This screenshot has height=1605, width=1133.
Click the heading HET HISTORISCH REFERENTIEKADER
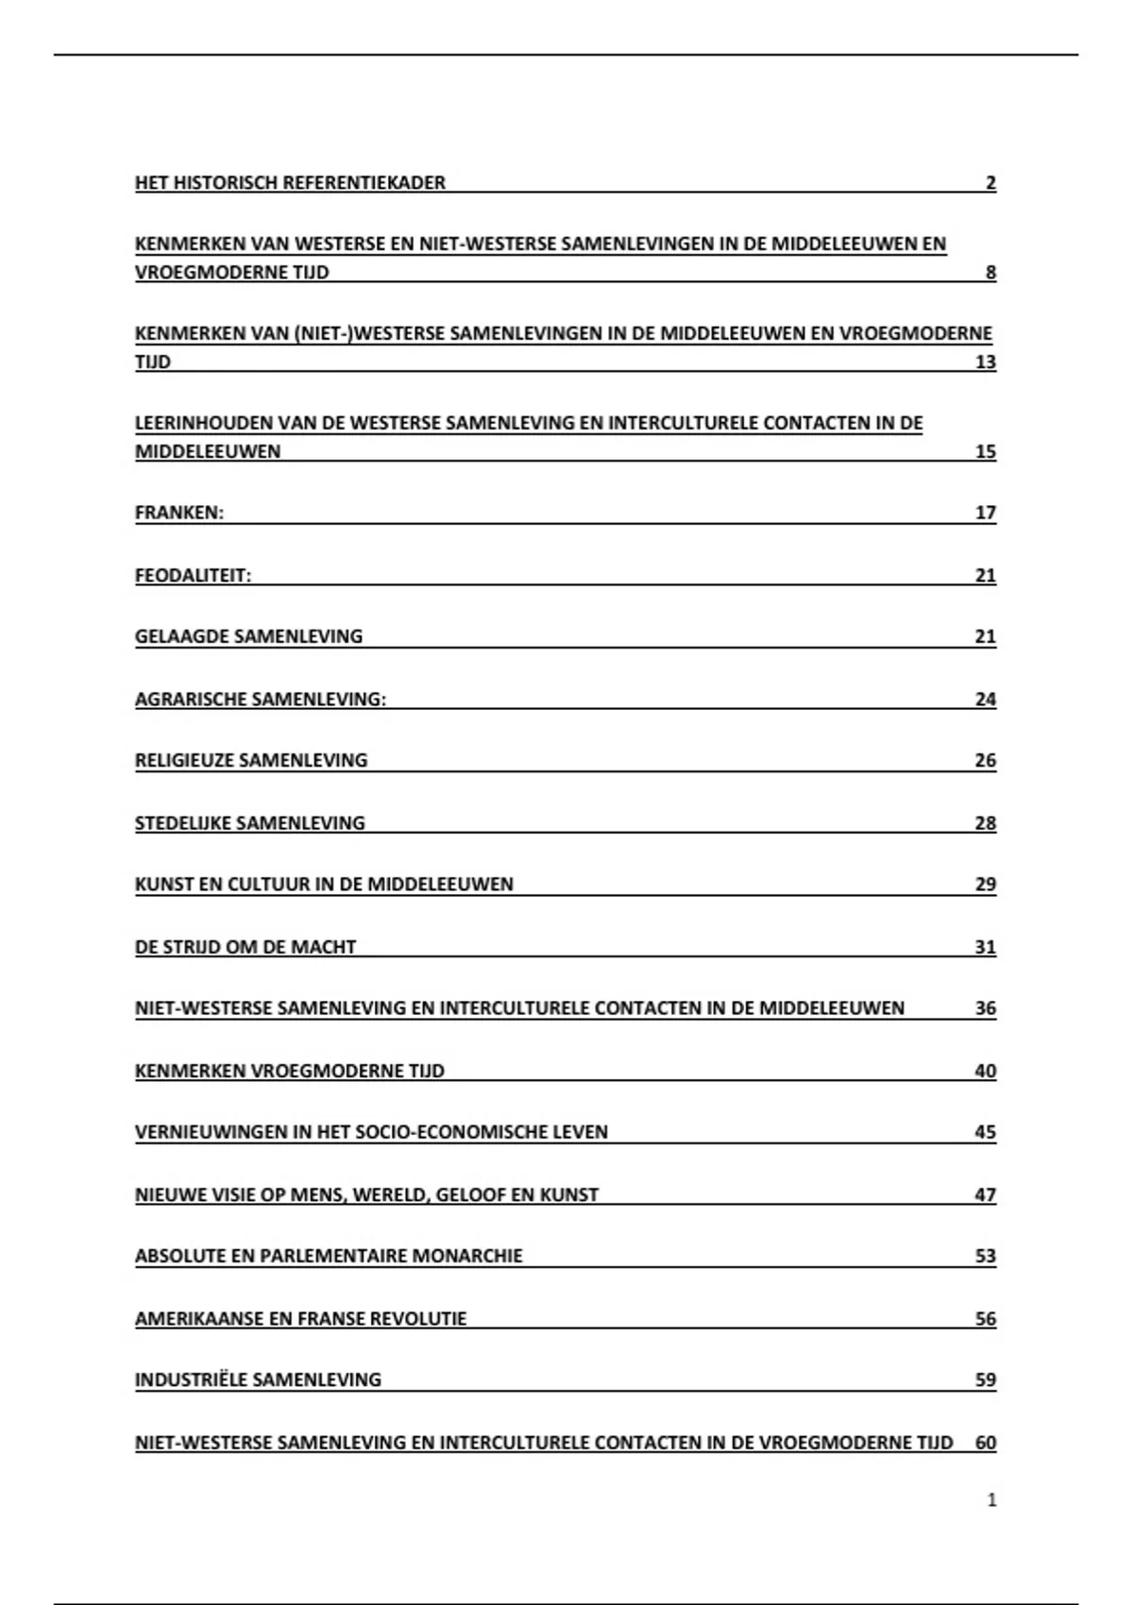click(290, 182)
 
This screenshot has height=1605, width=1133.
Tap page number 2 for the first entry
click(990, 183)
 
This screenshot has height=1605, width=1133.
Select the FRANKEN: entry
click(179, 513)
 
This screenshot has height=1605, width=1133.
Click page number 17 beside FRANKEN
click(986, 513)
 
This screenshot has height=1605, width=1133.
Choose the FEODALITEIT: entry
click(194, 575)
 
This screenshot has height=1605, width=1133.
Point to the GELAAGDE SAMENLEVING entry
click(248, 636)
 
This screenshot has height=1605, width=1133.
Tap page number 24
click(986, 699)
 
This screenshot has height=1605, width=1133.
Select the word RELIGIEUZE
click(184, 760)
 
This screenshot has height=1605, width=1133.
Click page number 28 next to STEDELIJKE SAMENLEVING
click(986, 823)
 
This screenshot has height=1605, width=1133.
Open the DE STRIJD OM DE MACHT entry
click(245, 947)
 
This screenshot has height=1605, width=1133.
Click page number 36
click(986, 1008)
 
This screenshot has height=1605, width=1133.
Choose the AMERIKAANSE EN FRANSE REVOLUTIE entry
click(300, 1318)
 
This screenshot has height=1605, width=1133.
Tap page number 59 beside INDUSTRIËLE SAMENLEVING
click(986, 1379)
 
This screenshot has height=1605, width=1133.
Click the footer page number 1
click(991, 1499)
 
